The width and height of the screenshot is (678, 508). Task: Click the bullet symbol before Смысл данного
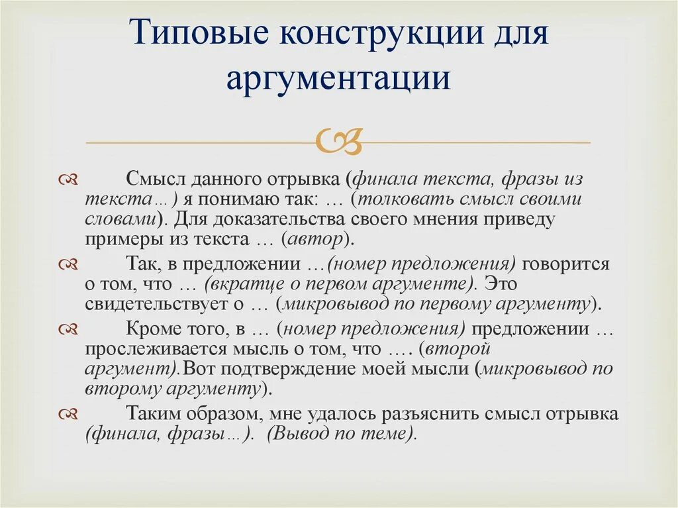68,180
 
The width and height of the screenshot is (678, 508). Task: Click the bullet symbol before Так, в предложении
68,264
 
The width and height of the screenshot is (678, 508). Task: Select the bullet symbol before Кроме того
68,329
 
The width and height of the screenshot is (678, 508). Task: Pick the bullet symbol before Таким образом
68,414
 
